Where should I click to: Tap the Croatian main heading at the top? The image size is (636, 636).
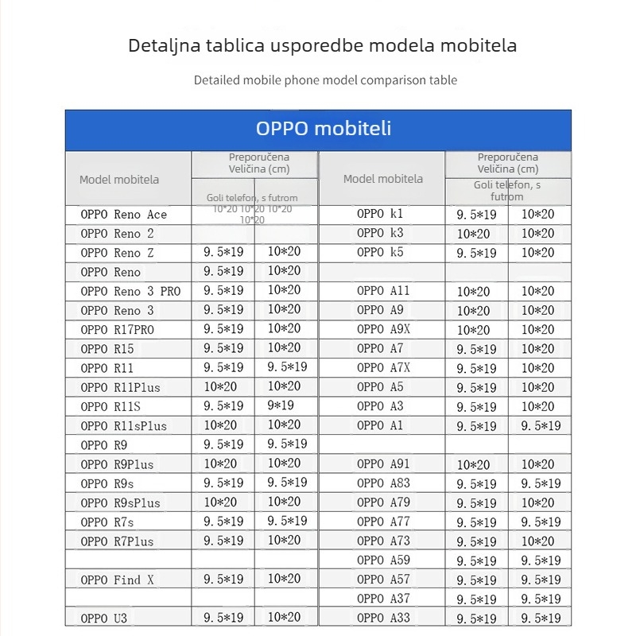[322, 45]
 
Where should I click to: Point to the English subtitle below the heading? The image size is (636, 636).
[325, 80]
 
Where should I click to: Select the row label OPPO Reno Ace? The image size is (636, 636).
[124, 215]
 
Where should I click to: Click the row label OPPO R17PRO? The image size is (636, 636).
[118, 329]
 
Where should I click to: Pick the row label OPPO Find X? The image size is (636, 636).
[118, 580]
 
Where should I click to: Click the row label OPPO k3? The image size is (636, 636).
[380, 233]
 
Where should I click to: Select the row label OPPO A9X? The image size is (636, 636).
[383, 329]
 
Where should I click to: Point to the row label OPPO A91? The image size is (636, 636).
[383, 464]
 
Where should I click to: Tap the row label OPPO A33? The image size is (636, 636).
[383, 618]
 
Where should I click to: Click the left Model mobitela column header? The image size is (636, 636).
[119, 180]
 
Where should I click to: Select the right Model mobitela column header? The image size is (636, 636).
[383, 179]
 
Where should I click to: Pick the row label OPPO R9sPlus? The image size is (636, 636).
[121, 502]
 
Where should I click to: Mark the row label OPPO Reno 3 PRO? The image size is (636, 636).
[130, 291]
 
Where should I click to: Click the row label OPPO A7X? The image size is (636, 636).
[383, 367]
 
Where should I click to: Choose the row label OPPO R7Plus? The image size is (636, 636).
[118, 541]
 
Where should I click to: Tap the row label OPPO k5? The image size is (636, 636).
[380, 252]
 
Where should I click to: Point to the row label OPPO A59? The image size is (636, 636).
[383, 560]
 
